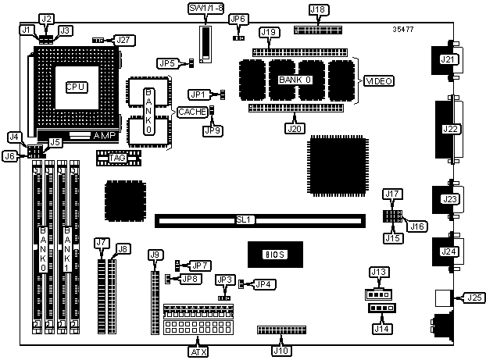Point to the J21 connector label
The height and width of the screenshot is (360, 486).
coord(448,59)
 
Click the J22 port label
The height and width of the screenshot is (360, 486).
coord(450,130)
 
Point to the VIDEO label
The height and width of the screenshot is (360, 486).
coord(380,81)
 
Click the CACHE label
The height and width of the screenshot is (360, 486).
coord(192,112)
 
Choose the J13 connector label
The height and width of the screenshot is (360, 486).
coord(379,272)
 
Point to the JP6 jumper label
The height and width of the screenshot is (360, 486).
coord(239,20)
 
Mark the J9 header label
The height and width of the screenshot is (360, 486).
coord(155,255)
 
